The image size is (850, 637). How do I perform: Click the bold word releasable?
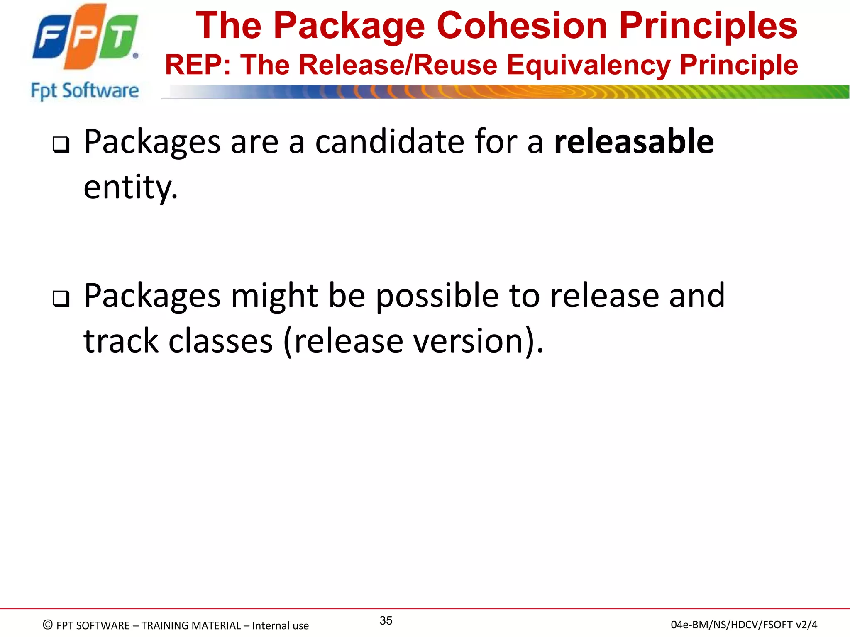pos(634,142)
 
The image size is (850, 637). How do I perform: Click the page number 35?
pos(386,621)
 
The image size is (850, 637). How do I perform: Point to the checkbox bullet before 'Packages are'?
pos(61,145)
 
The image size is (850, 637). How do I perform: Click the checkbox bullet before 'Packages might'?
pos(61,299)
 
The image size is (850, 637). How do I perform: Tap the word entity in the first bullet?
pos(130,188)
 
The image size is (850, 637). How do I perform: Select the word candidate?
pos(389,142)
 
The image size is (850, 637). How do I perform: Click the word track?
pos(121,342)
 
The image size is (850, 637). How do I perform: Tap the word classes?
pos(221,342)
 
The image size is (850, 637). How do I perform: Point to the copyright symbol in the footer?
pos(48,625)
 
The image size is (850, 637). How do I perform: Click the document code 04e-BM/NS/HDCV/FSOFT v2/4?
pos(744,625)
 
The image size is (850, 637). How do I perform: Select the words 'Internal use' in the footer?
pos(280,625)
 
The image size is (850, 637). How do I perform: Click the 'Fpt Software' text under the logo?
pos(85,91)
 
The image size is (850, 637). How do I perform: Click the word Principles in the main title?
pos(708,26)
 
